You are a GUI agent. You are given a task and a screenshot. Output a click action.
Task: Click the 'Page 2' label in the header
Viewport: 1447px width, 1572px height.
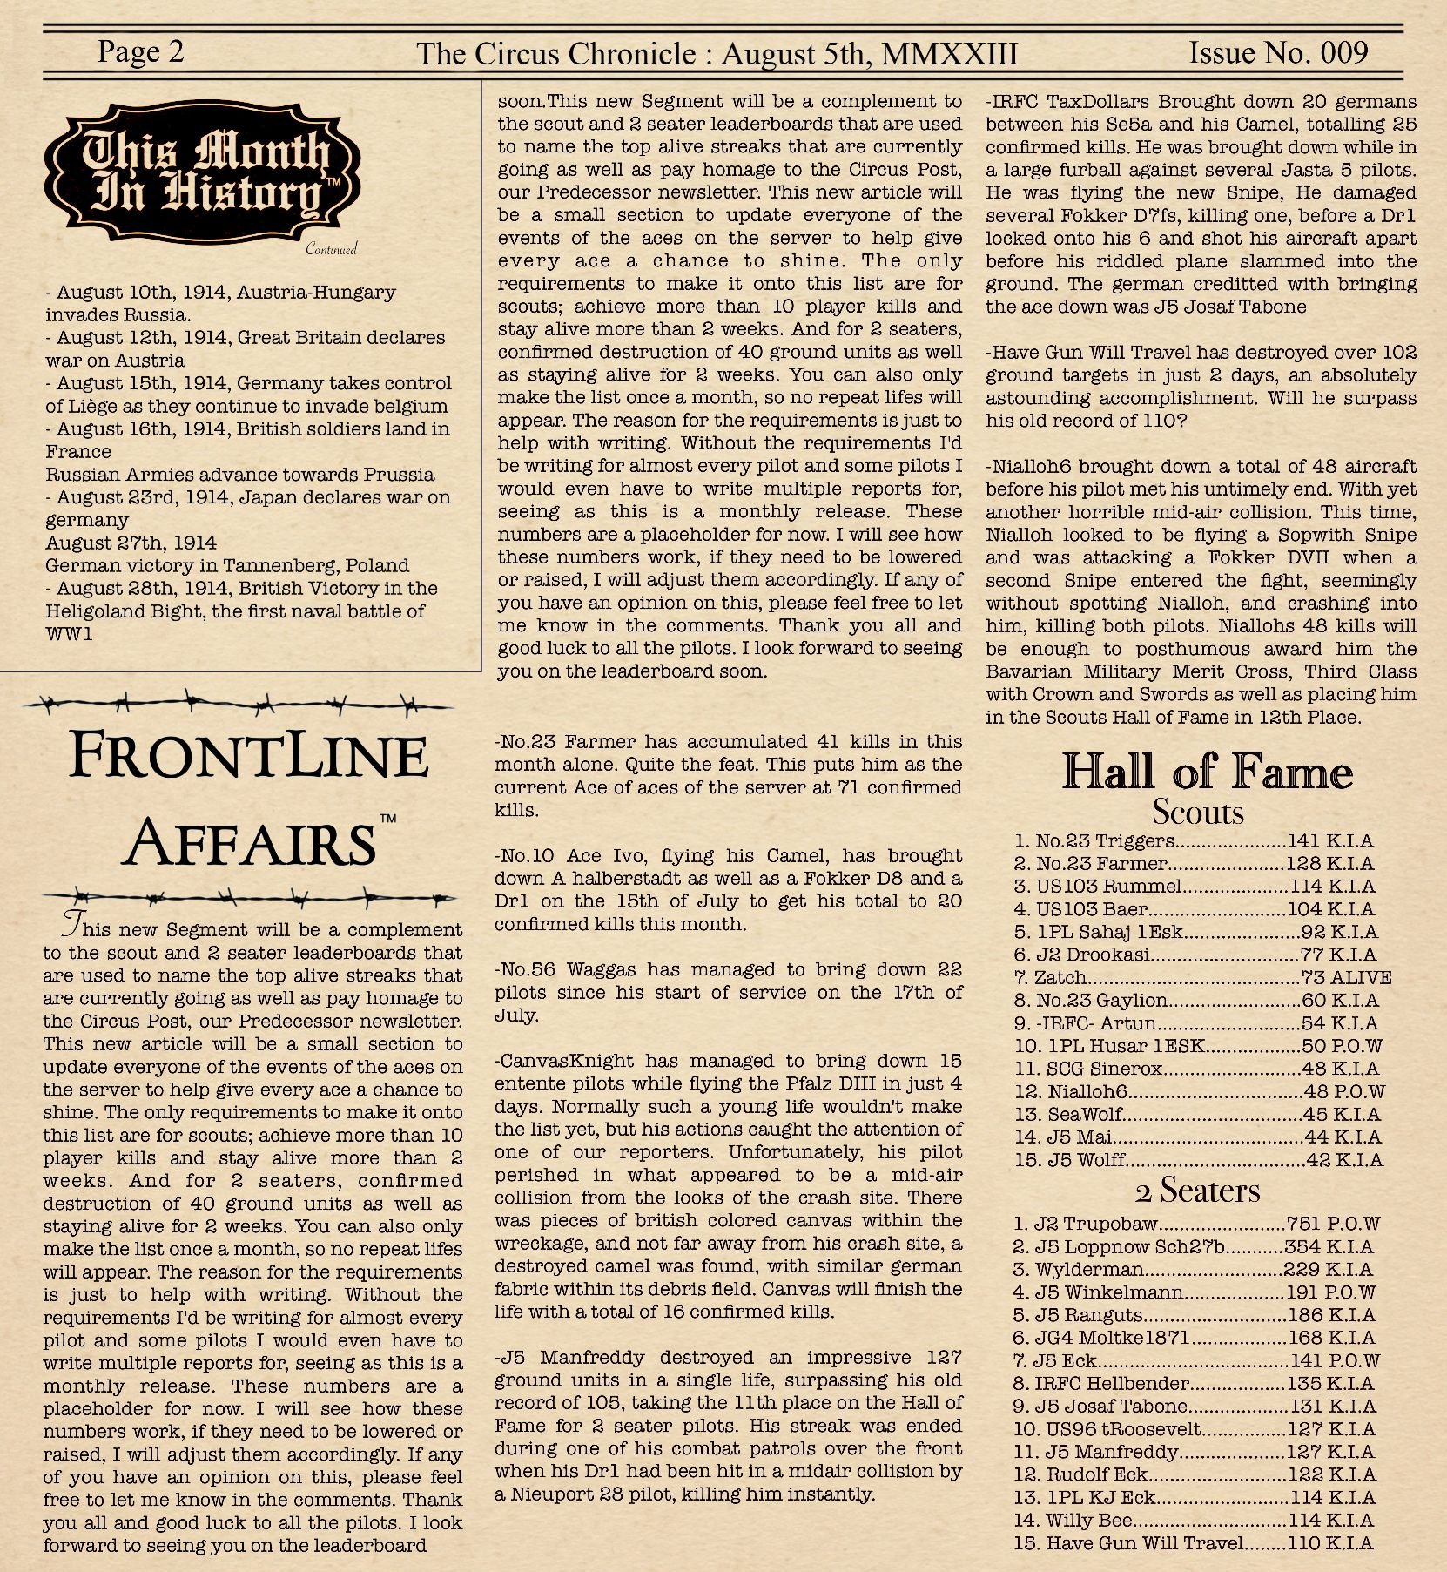141,52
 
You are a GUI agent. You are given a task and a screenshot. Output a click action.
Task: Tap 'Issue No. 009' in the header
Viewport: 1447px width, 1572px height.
1278,52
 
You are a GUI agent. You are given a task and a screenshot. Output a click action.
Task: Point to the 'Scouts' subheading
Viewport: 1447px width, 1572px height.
1198,812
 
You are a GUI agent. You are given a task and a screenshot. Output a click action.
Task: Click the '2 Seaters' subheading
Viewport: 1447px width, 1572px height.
1197,1191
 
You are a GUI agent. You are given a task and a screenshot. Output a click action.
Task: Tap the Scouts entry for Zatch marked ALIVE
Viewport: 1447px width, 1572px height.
1201,978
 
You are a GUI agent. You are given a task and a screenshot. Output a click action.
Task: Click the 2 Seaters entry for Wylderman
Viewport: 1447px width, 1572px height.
1192,1270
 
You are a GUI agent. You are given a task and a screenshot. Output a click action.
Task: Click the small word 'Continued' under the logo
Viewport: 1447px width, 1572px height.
331,250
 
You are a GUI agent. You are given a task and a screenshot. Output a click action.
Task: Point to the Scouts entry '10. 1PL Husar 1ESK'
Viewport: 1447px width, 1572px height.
1198,1046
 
